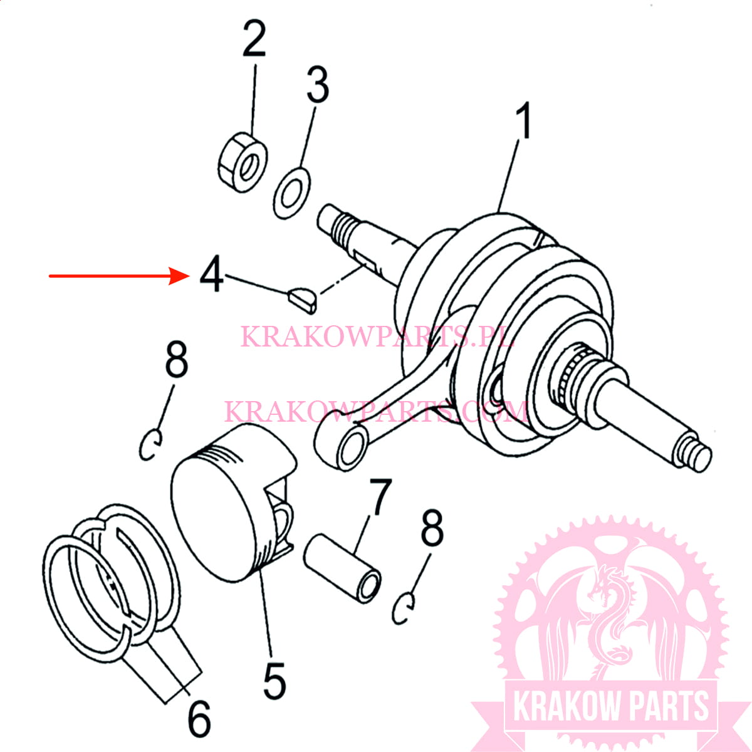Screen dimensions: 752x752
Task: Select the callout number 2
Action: click(x=254, y=39)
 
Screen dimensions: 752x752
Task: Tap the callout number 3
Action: click(x=318, y=86)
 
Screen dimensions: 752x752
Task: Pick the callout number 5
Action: click(x=274, y=681)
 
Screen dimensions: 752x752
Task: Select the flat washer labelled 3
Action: click(x=292, y=193)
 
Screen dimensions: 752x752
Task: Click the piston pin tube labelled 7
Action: click(x=343, y=567)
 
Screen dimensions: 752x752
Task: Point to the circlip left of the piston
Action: click(x=151, y=444)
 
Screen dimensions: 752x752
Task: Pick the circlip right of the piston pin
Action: click(x=404, y=607)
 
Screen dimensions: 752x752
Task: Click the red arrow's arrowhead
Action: click(x=182, y=275)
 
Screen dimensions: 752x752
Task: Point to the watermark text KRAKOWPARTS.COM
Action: click(x=376, y=412)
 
